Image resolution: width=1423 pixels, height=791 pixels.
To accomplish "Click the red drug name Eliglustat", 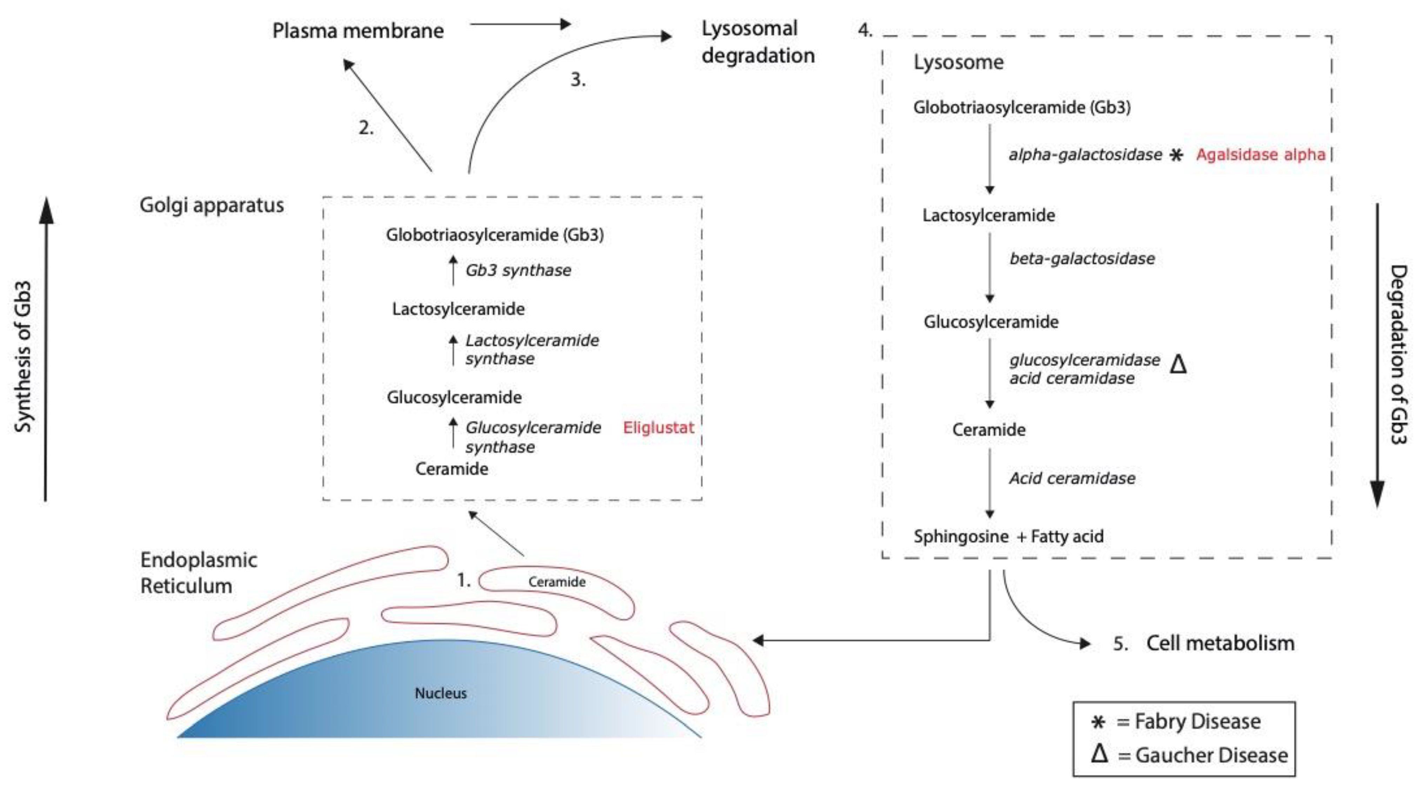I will point(658,427).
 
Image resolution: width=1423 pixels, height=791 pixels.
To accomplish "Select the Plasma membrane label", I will point(358,31).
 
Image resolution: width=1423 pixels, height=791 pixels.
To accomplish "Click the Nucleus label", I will point(440,693).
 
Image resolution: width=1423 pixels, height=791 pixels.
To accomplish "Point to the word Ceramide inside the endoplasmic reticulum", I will point(556,582).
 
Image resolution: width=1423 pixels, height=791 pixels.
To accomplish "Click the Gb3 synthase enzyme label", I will point(518,270).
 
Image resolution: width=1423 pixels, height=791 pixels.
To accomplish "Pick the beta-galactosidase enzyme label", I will point(1082,258).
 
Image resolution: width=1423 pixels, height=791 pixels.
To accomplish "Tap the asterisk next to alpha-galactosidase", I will point(1176,155).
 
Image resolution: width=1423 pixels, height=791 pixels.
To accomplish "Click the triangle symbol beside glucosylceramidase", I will point(1178,365).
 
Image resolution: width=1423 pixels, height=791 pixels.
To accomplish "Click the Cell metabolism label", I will point(1220,643).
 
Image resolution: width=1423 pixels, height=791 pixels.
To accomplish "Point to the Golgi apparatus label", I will point(212,205).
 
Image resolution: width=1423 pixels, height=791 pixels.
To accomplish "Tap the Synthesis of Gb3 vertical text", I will point(23,356).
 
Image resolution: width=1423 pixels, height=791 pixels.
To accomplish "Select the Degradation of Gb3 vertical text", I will point(1398,354).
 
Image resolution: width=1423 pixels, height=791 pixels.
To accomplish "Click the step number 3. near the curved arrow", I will point(577,80).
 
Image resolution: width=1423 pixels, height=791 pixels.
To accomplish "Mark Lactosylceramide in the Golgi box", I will point(458,309).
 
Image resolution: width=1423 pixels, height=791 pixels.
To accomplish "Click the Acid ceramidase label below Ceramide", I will point(1072,478).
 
